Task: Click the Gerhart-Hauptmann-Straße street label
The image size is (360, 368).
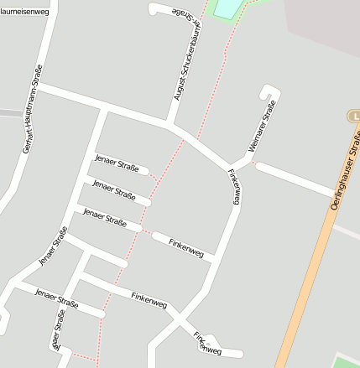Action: [32, 108]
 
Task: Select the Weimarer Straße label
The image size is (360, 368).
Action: [261, 126]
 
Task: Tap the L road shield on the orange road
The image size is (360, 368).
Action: [354, 115]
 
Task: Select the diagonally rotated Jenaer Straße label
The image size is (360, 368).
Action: [53, 247]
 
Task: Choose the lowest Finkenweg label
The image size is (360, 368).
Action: [204, 342]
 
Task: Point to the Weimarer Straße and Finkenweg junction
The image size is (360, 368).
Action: [232, 164]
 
